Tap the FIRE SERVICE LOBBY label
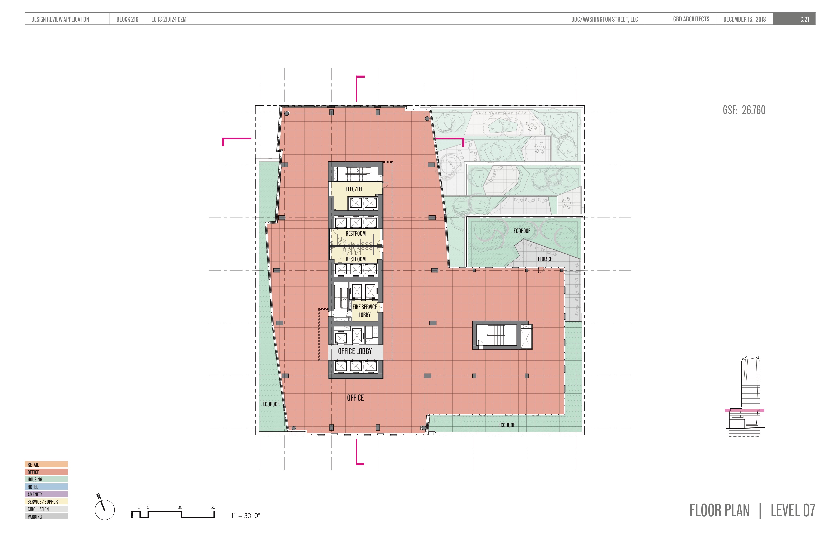coord(365,311)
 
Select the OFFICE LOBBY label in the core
coord(355,351)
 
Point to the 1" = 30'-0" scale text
coord(246,516)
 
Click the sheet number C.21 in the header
coord(804,19)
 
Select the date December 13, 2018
coord(744,19)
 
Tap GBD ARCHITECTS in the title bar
coord(691,19)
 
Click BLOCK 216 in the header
coord(127,19)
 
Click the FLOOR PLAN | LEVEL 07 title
coord(752,511)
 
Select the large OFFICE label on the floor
coord(355,398)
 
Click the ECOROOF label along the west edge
coord(271,404)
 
